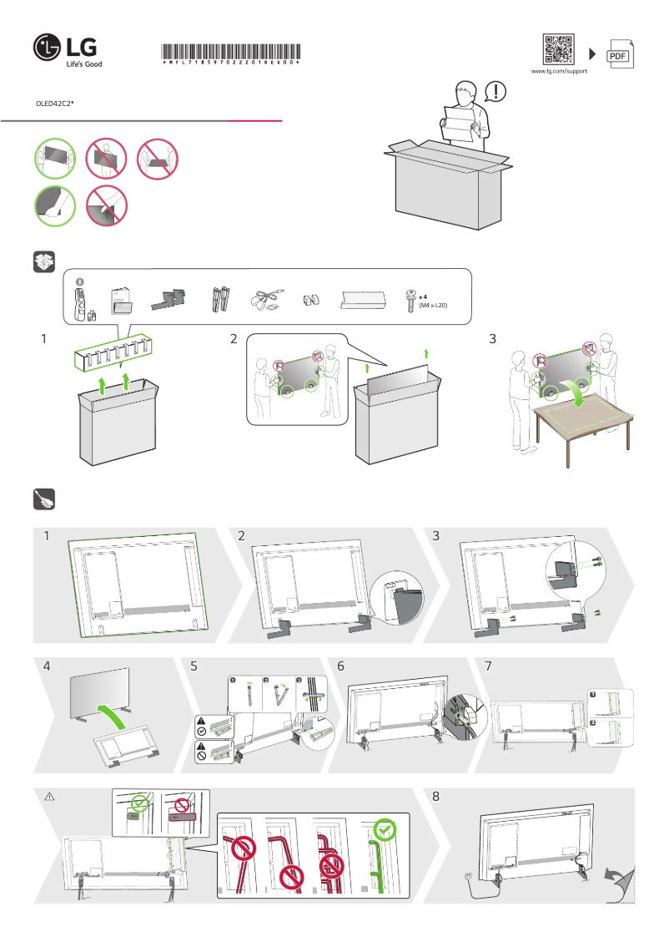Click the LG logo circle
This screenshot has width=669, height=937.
tap(48, 48)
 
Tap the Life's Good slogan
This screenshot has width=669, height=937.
tap(84, 63)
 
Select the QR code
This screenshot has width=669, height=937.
tap(559, 49)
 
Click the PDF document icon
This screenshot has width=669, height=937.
tap(618, 54)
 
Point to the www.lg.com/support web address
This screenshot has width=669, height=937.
tap(559, 72)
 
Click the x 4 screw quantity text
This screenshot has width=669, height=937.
tap(424, 297)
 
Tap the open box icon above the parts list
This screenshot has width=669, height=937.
tap(43, 261)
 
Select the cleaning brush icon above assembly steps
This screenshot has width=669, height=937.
tap(43, 499)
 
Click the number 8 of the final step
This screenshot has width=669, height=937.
tap(435, 797)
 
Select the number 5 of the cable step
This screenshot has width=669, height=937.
tap(194, 666)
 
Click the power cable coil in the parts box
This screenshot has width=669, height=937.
tap(266, 300)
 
